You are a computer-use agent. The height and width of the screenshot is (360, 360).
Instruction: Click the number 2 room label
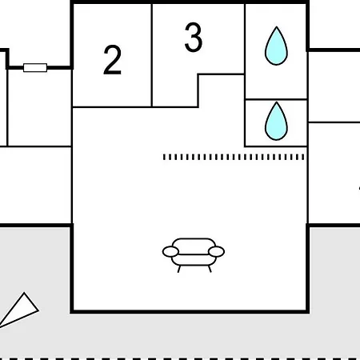point(112,60)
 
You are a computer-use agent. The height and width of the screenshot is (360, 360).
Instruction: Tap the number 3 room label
point(194,37)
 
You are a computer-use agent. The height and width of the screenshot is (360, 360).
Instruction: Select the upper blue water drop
point(276,46)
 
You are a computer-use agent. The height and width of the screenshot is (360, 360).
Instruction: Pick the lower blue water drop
point(276,121)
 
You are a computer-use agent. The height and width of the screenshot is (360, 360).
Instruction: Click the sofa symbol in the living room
point(194,255)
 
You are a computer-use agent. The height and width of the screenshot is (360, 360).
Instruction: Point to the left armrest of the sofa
point(170,252)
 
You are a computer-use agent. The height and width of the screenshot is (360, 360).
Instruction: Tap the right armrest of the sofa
point(216,251)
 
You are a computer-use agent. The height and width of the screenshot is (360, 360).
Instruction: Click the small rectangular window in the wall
point(35,68)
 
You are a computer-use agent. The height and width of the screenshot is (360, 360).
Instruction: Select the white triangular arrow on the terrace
point(20,310)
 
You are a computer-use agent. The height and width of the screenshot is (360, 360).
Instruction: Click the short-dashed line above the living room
point(234,157)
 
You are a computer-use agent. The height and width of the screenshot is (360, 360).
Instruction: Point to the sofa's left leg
point(179,269)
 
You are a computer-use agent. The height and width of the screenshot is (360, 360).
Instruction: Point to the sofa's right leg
point(210,269)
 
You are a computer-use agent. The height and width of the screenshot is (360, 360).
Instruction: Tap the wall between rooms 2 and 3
point(152,55)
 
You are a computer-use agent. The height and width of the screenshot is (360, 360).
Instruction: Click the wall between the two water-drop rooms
point(276,99)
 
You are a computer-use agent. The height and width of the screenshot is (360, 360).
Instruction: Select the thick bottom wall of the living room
point(190,311)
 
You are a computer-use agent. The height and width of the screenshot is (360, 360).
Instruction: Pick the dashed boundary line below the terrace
point(180,358)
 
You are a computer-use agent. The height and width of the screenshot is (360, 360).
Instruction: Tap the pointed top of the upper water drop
point(277,26)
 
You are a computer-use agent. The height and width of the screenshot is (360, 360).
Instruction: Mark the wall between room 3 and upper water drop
point(245,39)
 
